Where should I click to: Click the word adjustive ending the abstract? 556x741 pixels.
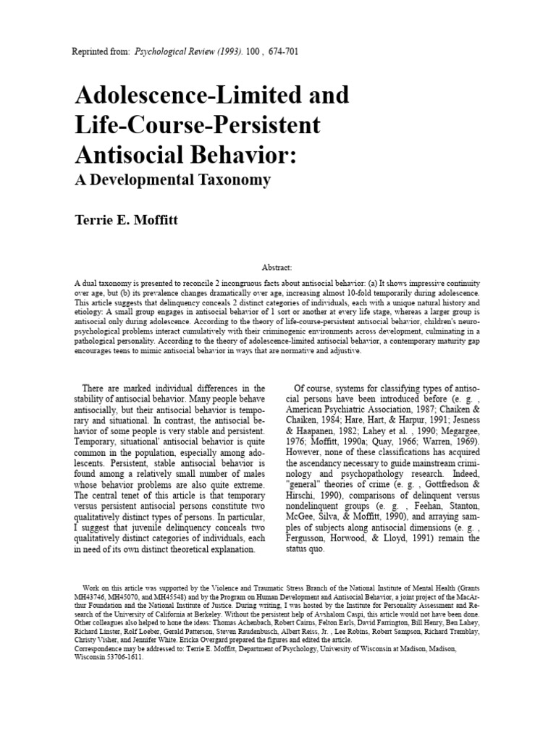click(341, 351)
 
